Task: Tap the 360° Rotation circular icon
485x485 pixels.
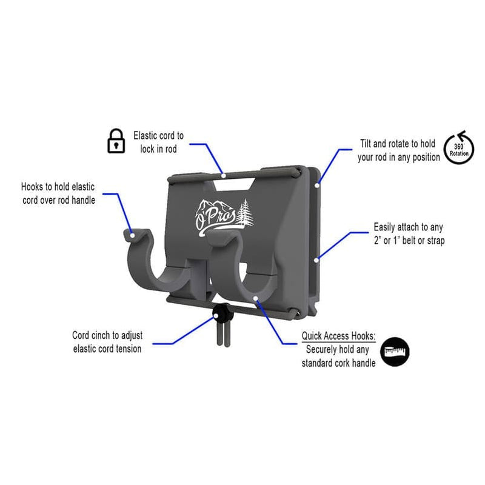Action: (459, 148)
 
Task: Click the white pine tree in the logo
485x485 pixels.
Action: (247, 213)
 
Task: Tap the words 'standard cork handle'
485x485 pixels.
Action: (338, 363)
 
